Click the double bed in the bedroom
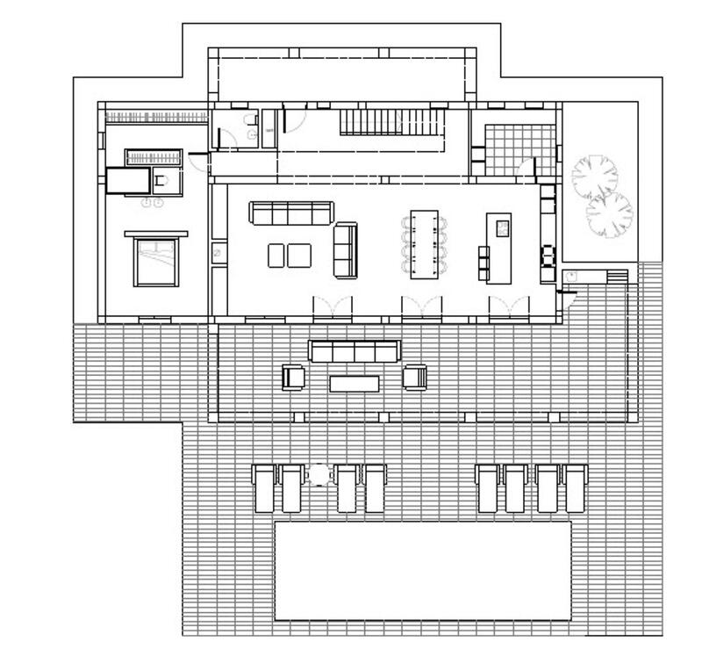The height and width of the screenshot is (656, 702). (x=157, y=261)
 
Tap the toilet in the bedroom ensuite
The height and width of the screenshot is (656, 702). (x=161, y=181)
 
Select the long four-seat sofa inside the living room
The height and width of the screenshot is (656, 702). (x=291, y=213)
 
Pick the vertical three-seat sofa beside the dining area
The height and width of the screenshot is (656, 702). (x=346, y=249)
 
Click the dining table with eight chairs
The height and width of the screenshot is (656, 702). (x=426, y=244)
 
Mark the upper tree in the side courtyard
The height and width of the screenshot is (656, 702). (x=595, y=175)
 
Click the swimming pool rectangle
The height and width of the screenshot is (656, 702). (x=423, y=571)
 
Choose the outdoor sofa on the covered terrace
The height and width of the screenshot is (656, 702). (x=355, y=351)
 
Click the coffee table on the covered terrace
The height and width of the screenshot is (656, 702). (x=355, y=383)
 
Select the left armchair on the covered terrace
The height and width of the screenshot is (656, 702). (x=293, y=378)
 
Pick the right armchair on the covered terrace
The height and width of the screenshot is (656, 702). (x=415, y=378)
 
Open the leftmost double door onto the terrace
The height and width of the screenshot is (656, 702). (x=333, y=308)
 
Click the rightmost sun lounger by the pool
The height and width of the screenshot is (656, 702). (x=576, y=487)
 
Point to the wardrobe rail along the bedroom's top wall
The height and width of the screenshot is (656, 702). (x=155, y=117)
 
